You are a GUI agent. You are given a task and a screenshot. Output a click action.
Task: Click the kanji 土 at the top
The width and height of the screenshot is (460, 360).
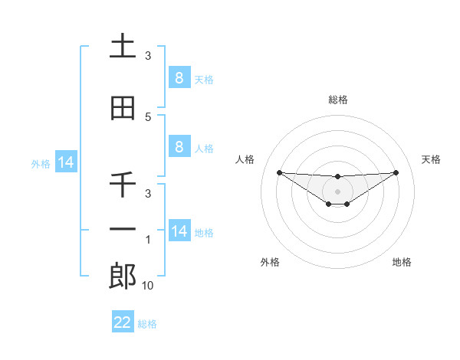coord(123,47)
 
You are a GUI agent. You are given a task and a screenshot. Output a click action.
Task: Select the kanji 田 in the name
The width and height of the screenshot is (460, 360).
coord(123,108)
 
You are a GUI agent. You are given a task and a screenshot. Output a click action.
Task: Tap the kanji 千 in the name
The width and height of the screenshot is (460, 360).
coord(123,185)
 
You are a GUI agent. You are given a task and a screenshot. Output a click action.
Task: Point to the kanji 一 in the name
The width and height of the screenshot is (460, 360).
coord(123,230)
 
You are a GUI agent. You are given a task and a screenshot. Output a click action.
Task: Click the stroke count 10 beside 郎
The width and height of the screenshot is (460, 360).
coord(148,286)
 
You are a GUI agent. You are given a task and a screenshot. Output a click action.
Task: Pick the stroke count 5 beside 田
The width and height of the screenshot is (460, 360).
coord(148,117)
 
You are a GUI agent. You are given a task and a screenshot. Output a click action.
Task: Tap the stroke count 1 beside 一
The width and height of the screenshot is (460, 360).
coord(148,240)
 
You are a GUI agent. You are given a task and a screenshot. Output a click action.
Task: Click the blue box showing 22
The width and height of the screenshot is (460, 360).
coord(123,322)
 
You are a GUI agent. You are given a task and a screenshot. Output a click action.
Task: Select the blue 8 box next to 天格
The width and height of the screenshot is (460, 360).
coord(179,77)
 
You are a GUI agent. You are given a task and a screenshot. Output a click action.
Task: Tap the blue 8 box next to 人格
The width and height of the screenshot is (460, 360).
coord(179,146)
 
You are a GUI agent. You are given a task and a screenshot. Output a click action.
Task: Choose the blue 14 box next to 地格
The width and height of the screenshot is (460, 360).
coord(179,231)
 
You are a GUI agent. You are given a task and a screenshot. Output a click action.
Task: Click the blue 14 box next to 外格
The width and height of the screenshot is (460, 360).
coord(65,162)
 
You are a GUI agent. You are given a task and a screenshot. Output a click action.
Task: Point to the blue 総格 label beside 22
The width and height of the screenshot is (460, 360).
coord(147,324)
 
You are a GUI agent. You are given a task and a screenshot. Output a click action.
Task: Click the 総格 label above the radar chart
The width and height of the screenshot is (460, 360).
coord(337,100)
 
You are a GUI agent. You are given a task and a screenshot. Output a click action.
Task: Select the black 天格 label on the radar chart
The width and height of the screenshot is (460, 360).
coord(431,159)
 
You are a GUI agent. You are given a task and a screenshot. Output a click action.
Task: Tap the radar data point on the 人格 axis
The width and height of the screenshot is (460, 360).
coord(279,172)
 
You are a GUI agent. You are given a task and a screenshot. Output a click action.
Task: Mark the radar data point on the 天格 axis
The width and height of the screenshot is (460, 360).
coord(396,172)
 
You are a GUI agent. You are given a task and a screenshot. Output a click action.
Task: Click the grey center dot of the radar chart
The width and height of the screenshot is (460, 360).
coord(337,191)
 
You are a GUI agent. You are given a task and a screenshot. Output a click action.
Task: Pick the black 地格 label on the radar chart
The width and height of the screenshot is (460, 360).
coord(402,263)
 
